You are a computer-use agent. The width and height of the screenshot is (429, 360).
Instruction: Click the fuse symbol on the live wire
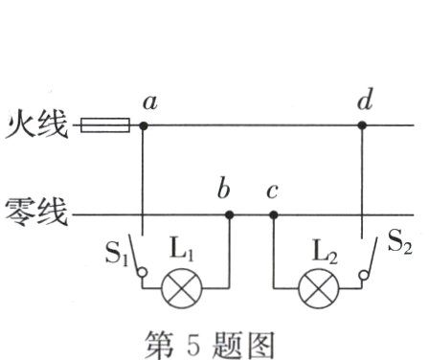[103, 125]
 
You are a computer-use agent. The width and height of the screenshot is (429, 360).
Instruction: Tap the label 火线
[36, 125]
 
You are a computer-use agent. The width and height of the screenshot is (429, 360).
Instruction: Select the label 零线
[36, 213]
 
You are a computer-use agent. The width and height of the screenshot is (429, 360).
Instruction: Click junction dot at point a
[144, 125]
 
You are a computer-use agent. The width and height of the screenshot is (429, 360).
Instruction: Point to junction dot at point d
[362, 125]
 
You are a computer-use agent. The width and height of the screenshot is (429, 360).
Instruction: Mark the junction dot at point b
[229, 215]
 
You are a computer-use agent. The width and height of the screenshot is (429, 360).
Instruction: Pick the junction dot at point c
[273, 215]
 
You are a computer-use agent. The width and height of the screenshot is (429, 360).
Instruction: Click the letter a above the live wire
[148, 101]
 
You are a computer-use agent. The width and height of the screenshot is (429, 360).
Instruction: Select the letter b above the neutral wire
[224, 190]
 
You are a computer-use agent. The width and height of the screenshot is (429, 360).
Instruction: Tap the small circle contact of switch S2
[363, 278]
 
